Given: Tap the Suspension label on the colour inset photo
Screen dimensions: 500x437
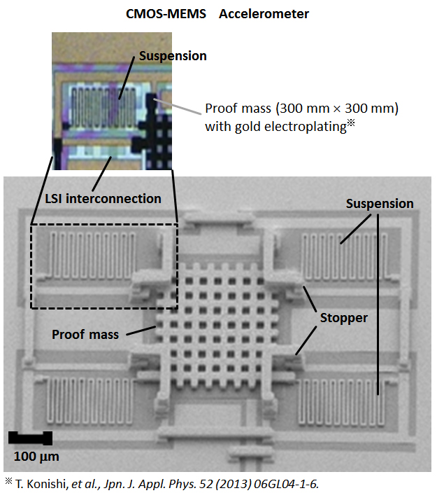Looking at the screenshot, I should click(173, 55).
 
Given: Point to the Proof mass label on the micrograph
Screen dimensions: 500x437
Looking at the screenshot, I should click(85, 334).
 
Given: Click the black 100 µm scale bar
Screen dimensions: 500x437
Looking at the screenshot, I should click(30, 438).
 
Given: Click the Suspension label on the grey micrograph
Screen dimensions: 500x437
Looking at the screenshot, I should click(380, 204).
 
